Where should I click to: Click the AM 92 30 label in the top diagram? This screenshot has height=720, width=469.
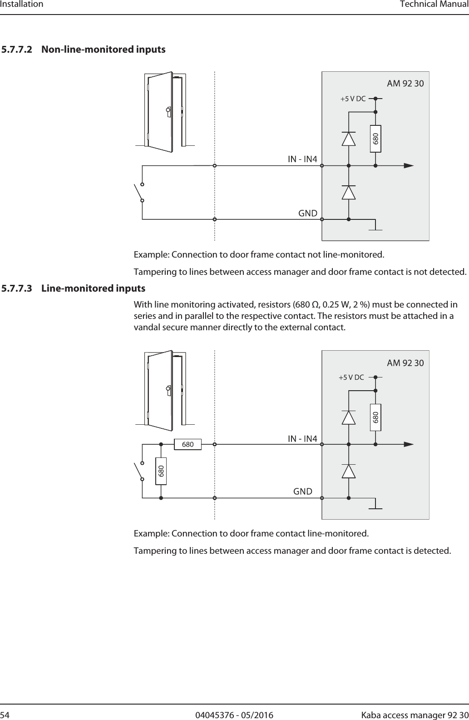(x=405, y=84)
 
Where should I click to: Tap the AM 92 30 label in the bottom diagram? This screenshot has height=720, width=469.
(x=405, y=363)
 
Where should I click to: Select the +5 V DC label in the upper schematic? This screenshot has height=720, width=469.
(x=353, y=99)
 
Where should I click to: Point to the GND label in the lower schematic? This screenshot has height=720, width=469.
(x=303, y=492)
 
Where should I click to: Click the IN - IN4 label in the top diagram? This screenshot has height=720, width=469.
(x=302, y=159)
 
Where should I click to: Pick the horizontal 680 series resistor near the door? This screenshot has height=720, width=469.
(x=188, y=444)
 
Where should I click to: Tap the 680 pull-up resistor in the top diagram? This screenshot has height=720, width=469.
(x=375, y=139)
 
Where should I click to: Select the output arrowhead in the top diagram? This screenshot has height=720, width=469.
(x=408, y=166)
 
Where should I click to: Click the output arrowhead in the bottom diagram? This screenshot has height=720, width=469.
(x=408, y=444)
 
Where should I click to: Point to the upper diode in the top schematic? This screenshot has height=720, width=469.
(x=349, y=139)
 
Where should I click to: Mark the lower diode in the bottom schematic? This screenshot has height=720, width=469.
(x=349, y=471)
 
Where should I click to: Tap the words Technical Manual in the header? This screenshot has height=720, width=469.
(x=434, y=5)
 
